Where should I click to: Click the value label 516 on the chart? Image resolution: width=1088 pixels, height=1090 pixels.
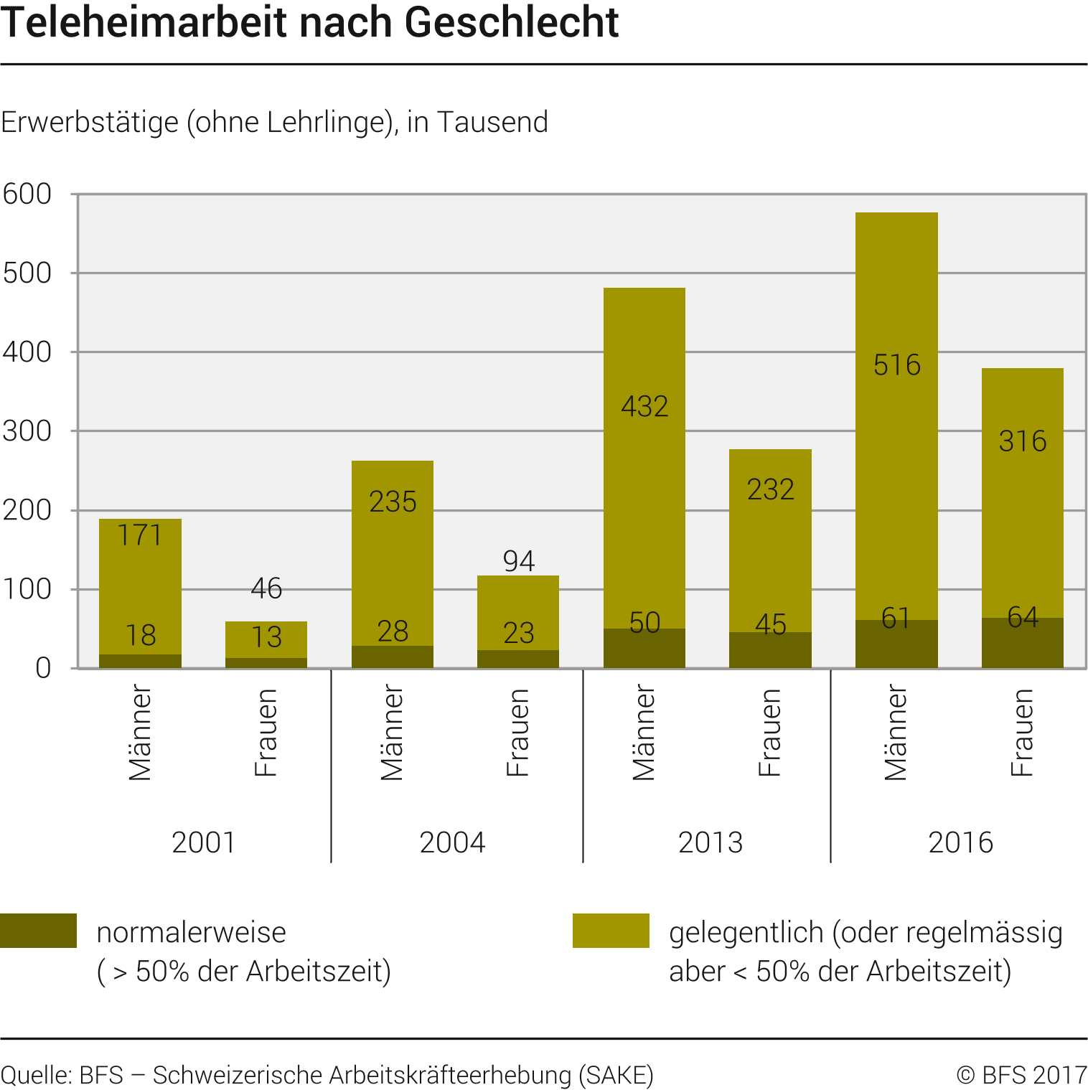pyautogui.click(x=896, y=365)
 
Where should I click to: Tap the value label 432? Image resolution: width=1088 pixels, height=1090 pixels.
pyautogui.click(x=644, y=407)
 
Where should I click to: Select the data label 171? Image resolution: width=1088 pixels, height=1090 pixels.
pyautogui.click(x=140, y=535)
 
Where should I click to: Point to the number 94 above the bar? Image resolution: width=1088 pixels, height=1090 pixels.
pyautogui.click(x=518, y=561)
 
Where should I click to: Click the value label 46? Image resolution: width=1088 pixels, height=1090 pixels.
pyautogui.click(x=266, y=589)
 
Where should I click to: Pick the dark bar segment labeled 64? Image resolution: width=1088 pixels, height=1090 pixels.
pyautogui.click(x=1022, y=643)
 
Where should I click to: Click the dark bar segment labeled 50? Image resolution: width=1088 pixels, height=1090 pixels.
pyautogui.click(x=644, y=649)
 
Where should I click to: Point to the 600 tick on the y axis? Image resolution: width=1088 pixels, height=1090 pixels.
pyautogui.click(x=27, y=194)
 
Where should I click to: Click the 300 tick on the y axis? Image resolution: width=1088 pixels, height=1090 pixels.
pyautogui.click(x=27, y=431)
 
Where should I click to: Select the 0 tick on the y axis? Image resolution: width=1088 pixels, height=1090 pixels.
pyautogui.click(x=43, y=669)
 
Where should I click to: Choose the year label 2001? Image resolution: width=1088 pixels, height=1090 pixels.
pyautogui.click(x=204, y=842)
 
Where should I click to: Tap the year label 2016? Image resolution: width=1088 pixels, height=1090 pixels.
pyautogui.click(x=960, y=842)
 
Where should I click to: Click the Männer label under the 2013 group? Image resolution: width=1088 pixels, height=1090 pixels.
pyautogui.click(x=644, y=733)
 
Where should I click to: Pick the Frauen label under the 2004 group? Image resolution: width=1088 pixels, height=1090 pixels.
pyautogui.click(x=517, y=733)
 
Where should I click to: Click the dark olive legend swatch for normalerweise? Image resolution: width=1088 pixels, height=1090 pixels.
pyautogui.click(x=38, y=931)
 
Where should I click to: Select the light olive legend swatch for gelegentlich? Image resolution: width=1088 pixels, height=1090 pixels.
pyautogui.click(x=611, y=931)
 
